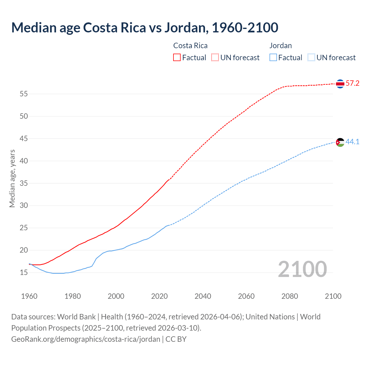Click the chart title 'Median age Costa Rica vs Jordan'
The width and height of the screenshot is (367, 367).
coord(145,28)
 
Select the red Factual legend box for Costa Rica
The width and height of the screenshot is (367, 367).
coord(177,57)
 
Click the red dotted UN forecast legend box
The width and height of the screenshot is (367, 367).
coord(215,57)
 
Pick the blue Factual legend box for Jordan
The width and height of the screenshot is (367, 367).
coord(273,57)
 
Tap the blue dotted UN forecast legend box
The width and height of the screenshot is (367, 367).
coord(311,57)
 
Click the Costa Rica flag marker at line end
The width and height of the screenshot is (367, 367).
coord(340,84)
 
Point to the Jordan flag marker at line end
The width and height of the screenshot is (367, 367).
coord(340,142)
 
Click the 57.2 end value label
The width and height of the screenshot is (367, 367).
coord(352,83)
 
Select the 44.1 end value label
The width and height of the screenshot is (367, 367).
coord(352,142)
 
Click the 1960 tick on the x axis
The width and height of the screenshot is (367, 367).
coord(29,296)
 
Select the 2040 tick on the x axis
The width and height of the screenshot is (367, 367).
coord(203,296)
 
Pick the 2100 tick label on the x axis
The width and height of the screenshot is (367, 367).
coord(333,296)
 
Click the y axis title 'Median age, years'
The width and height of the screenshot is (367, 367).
coord(12,178)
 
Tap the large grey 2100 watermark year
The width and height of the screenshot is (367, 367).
coord(302,269)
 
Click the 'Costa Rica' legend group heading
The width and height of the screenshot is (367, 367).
coord(190,46)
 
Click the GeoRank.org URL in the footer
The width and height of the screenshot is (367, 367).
coord(85,339)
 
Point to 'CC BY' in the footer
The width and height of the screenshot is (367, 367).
coord(176,339)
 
